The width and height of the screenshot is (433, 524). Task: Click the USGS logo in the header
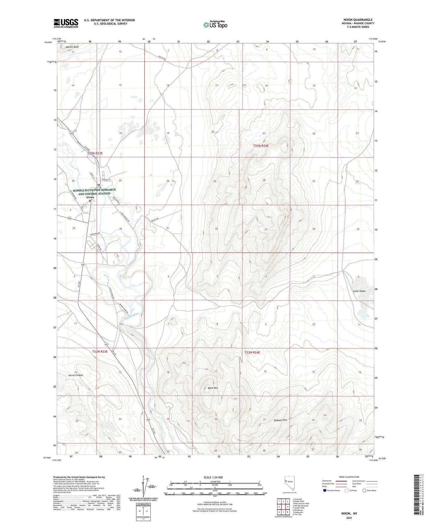(66, 23)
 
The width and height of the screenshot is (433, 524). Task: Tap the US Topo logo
(215, 25)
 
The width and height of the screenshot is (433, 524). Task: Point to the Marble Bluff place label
(72, 47)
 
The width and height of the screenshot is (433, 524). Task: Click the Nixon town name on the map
(90, 197)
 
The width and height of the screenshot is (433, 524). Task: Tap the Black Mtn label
(213, 388)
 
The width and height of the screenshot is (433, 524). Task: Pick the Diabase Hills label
(280, 420)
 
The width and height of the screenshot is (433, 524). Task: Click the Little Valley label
(359, 291)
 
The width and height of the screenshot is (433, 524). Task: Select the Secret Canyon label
(76, 375)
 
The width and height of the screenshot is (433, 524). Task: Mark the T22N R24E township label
(252, 352)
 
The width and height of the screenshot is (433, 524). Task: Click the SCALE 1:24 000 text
(213, 477)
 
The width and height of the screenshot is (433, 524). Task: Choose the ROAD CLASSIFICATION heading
(349, 477)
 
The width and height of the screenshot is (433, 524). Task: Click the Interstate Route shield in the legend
(325, 490)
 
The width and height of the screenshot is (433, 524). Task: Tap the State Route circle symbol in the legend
(364, 490)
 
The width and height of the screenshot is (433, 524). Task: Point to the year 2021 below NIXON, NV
(349, 518)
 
